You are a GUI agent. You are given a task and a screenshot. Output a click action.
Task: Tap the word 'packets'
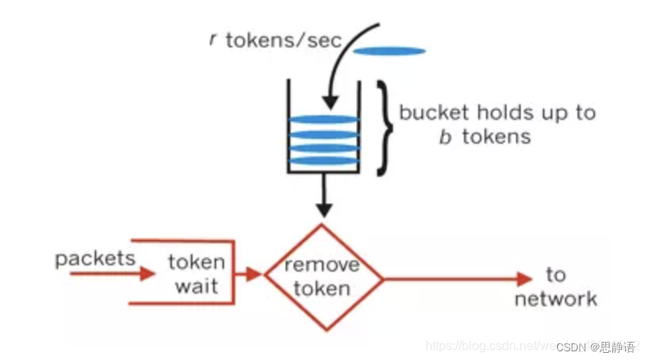95,259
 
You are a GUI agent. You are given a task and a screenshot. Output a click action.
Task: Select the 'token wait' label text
196,274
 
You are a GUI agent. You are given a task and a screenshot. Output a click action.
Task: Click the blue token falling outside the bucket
389,52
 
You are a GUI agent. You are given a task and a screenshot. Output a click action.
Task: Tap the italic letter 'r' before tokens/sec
213,39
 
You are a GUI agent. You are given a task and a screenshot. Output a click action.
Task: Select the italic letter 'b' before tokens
445,137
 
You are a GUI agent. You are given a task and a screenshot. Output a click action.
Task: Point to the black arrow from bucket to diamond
323,197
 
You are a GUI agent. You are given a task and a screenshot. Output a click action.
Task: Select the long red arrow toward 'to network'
458,278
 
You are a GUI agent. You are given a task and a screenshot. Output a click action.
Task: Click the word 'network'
555,298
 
